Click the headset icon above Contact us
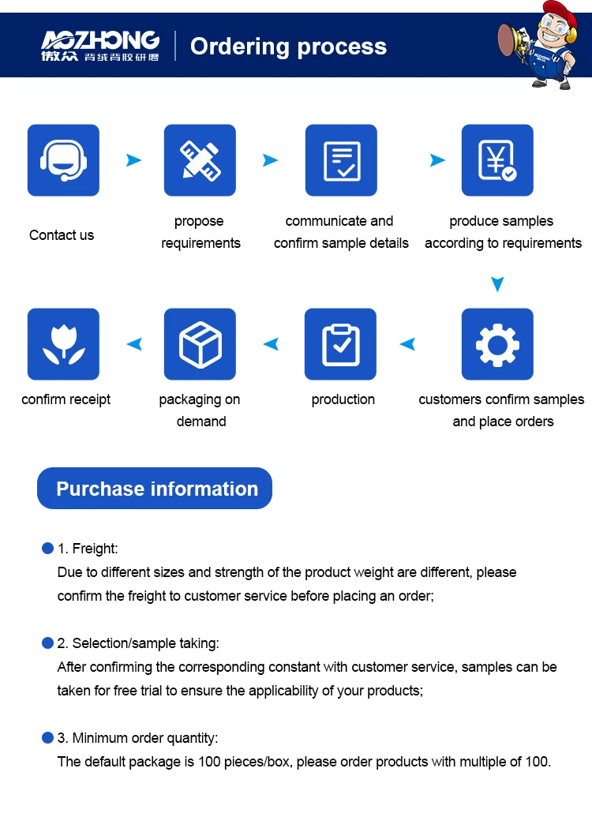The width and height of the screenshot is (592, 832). pyautogui.click(x=63, y=160)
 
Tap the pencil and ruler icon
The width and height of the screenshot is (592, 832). pyautogui.click(x=200, y=160)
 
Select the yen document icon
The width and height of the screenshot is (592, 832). pyautogui.click(x=497, y=160)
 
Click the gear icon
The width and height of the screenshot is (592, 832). pyautogui.click(x=497, y=344)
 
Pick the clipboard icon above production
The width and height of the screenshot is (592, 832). pyautogui.click(x=341, y=344)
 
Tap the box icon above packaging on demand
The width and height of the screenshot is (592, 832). pyautogui.click(x=200, y=344)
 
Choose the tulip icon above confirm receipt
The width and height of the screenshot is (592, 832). pyautogui.click(x=63, y=344)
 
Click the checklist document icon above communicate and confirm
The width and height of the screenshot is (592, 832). pyautogui.click(x=341, y=160)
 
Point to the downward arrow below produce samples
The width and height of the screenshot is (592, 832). pyautogui.click(x=496, y=284)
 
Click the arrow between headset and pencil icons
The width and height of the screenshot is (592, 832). pyautogui.click(x=133, y=160)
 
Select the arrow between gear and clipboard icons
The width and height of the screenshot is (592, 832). pyautogui.click(x=407, y=344)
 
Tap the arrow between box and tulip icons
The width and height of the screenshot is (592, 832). pyautogui.click(x=135, y=344)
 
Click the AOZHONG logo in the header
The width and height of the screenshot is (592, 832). pyautogui.click(x=100, y=46)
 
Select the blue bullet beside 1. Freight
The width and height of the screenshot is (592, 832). pyautogui.click(x=47, y=548)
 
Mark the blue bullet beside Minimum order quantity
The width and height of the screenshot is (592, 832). pyautogui.click(x=47, y=737)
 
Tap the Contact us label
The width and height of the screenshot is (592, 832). pyautogui.click(x=62, y=235)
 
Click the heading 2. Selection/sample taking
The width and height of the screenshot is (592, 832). pyautogui.click(x=138, y=643)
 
